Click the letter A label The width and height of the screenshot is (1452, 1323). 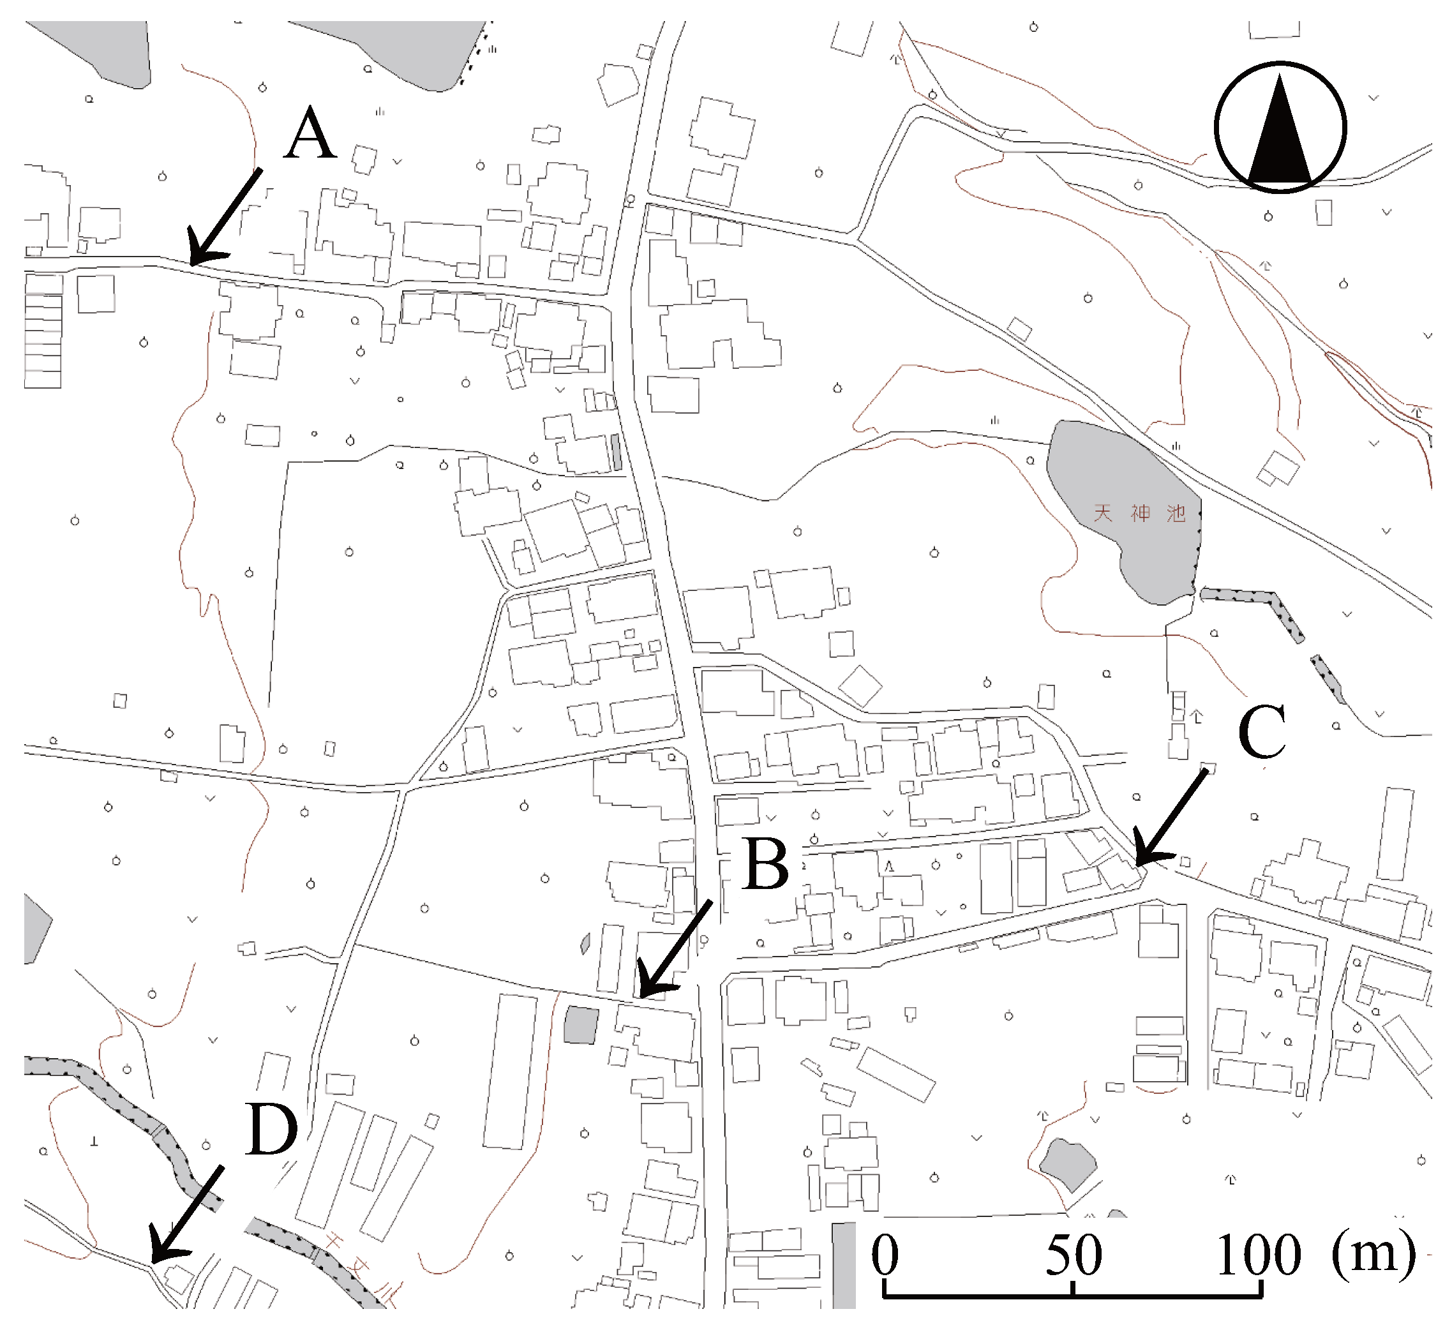310,134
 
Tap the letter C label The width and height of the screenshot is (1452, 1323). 1262,732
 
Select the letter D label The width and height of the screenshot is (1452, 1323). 271,1129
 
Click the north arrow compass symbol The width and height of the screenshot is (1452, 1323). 1280,128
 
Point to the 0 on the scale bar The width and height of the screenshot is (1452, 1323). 885,1254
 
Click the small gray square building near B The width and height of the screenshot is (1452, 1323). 581,1025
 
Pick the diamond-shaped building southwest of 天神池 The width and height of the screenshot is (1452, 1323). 860,685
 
